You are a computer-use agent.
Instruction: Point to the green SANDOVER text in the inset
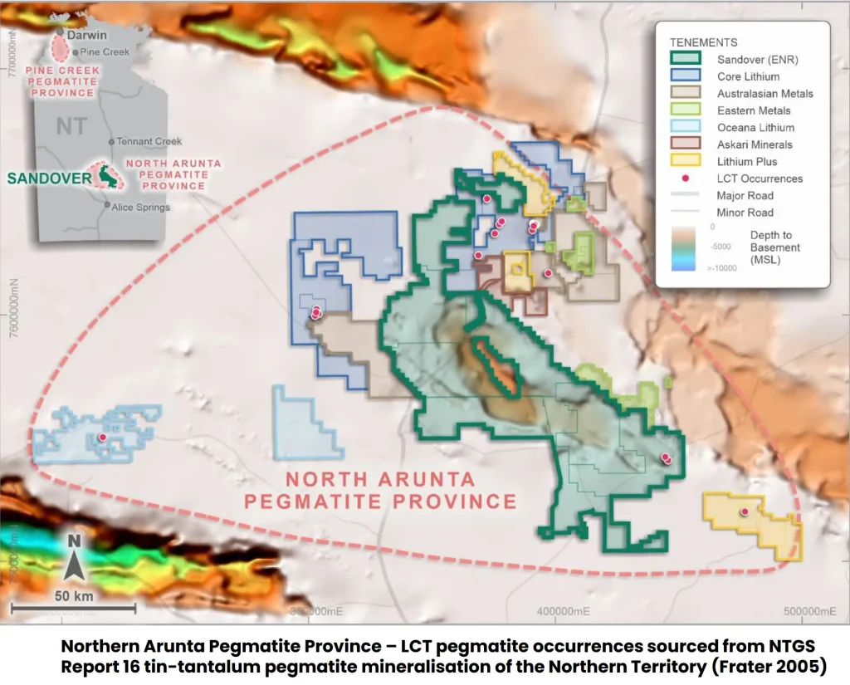(x=46, y=178)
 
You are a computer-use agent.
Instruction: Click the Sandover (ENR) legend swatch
(x=686, y=59)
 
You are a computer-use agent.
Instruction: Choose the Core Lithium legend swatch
(x=686, y=76)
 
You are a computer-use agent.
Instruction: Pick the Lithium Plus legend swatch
(x=686, y=162)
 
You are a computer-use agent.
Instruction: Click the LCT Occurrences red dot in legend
(x=686, y=179)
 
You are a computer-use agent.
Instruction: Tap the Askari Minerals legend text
(x=755, y=144)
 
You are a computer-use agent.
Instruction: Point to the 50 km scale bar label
(x=74, y=596)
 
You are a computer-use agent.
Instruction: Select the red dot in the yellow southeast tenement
(x=745, y=511)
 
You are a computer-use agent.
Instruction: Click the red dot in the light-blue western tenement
(x=102, y=438)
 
